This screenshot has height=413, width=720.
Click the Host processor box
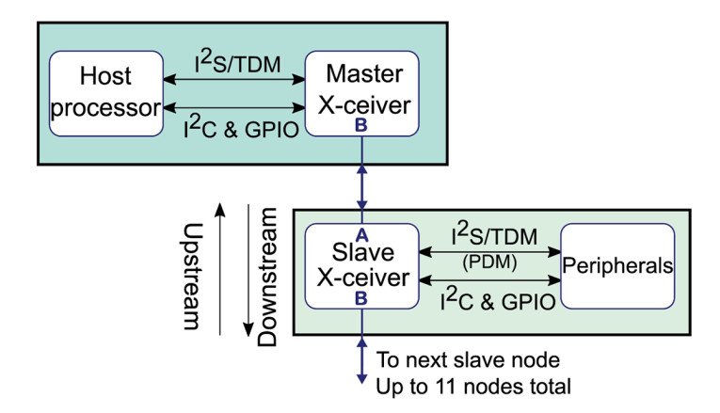coord(104,92)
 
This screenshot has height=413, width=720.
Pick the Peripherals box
coord(617,265)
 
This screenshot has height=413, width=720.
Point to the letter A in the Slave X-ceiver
coord(361,235)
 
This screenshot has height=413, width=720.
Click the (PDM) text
coord(488,262)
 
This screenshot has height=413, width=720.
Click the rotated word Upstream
coord(192,275)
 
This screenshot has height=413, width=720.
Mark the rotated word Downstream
coord(268,275)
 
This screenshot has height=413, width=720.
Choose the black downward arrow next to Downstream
coord(248,273)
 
